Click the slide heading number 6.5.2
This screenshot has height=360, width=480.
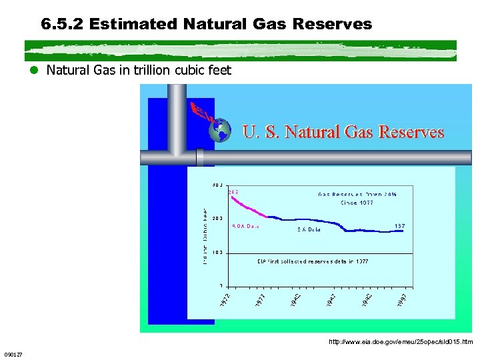point(62,25)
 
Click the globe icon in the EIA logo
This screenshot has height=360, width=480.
point(219,131)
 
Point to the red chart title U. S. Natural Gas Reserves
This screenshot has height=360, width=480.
point(343,132)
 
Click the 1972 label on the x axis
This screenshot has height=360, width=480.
point(226,301)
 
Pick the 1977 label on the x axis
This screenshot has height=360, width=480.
point(261,301)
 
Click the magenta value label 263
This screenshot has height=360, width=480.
point(233,192)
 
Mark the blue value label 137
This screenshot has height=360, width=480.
point(400,226)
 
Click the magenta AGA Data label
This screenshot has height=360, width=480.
point(245,226)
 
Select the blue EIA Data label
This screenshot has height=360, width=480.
point(309,229)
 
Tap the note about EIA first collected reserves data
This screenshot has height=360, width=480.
point(313,261)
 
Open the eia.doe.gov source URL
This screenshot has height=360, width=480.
point(401,342)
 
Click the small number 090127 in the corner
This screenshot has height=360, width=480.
point(13,354)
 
